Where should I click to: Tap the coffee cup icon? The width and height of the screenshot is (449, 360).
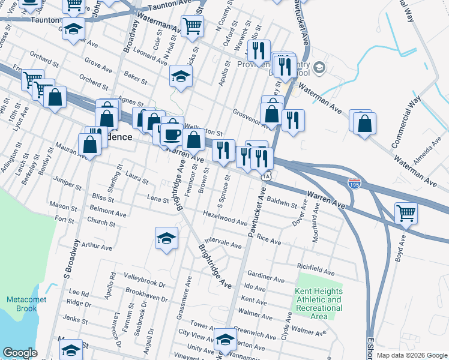pos(172,134)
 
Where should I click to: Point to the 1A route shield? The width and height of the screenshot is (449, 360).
pos(266,176)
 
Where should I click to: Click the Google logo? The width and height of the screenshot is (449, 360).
pos(20,353)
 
